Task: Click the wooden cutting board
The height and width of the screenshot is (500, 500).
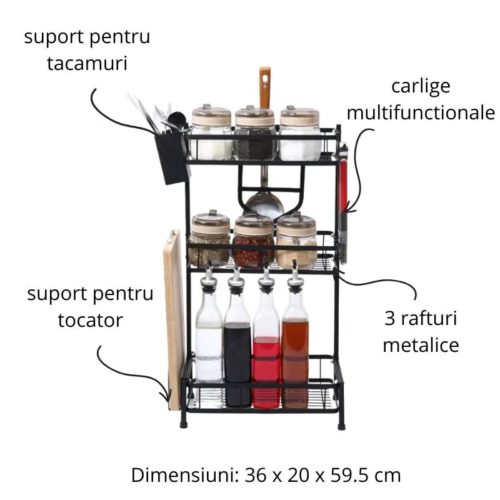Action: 173,319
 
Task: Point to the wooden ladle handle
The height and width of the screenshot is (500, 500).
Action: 265,87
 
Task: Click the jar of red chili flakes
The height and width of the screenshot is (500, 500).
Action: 253,244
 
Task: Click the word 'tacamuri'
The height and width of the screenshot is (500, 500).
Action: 87,63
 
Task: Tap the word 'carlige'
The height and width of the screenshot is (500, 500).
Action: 421,87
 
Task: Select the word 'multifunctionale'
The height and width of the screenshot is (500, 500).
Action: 421,113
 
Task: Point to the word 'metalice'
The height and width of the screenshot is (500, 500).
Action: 421,344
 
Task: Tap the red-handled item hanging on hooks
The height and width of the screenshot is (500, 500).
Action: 342,187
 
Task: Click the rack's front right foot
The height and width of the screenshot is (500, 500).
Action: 341,425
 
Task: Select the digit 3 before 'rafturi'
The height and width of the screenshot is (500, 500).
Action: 389,319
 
